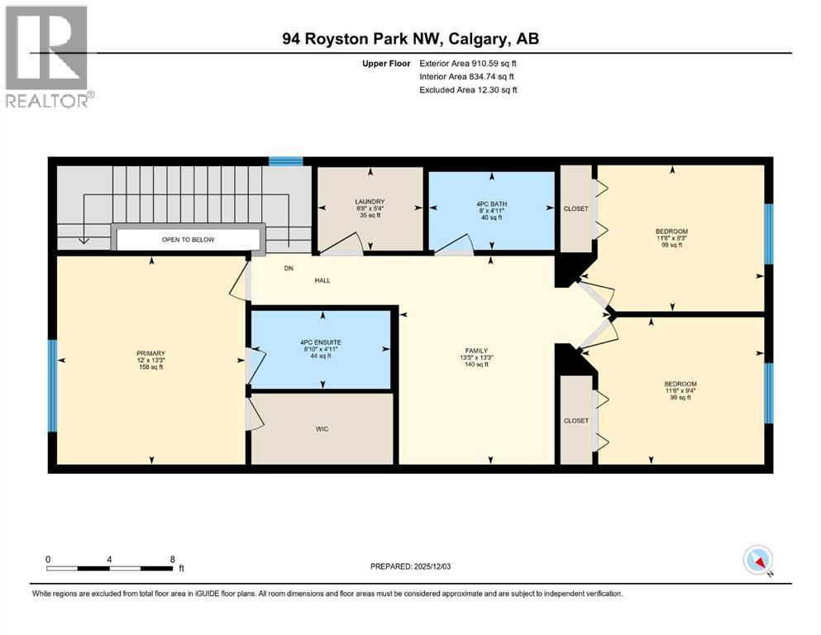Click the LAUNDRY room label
370,202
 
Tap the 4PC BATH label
492,204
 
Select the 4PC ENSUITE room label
321,342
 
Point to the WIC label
322,429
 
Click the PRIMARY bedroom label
150,353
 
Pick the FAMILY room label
476,351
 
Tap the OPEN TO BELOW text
188,240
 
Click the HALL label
322,280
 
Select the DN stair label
289,268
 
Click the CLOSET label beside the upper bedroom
576,209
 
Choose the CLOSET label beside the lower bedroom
576,421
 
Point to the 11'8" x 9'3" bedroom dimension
672,238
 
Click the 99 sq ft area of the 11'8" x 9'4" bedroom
680,398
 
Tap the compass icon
757,560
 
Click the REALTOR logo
46,56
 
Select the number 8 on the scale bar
172,560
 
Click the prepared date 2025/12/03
432,566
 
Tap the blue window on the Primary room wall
52,386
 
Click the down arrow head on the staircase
84,241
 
